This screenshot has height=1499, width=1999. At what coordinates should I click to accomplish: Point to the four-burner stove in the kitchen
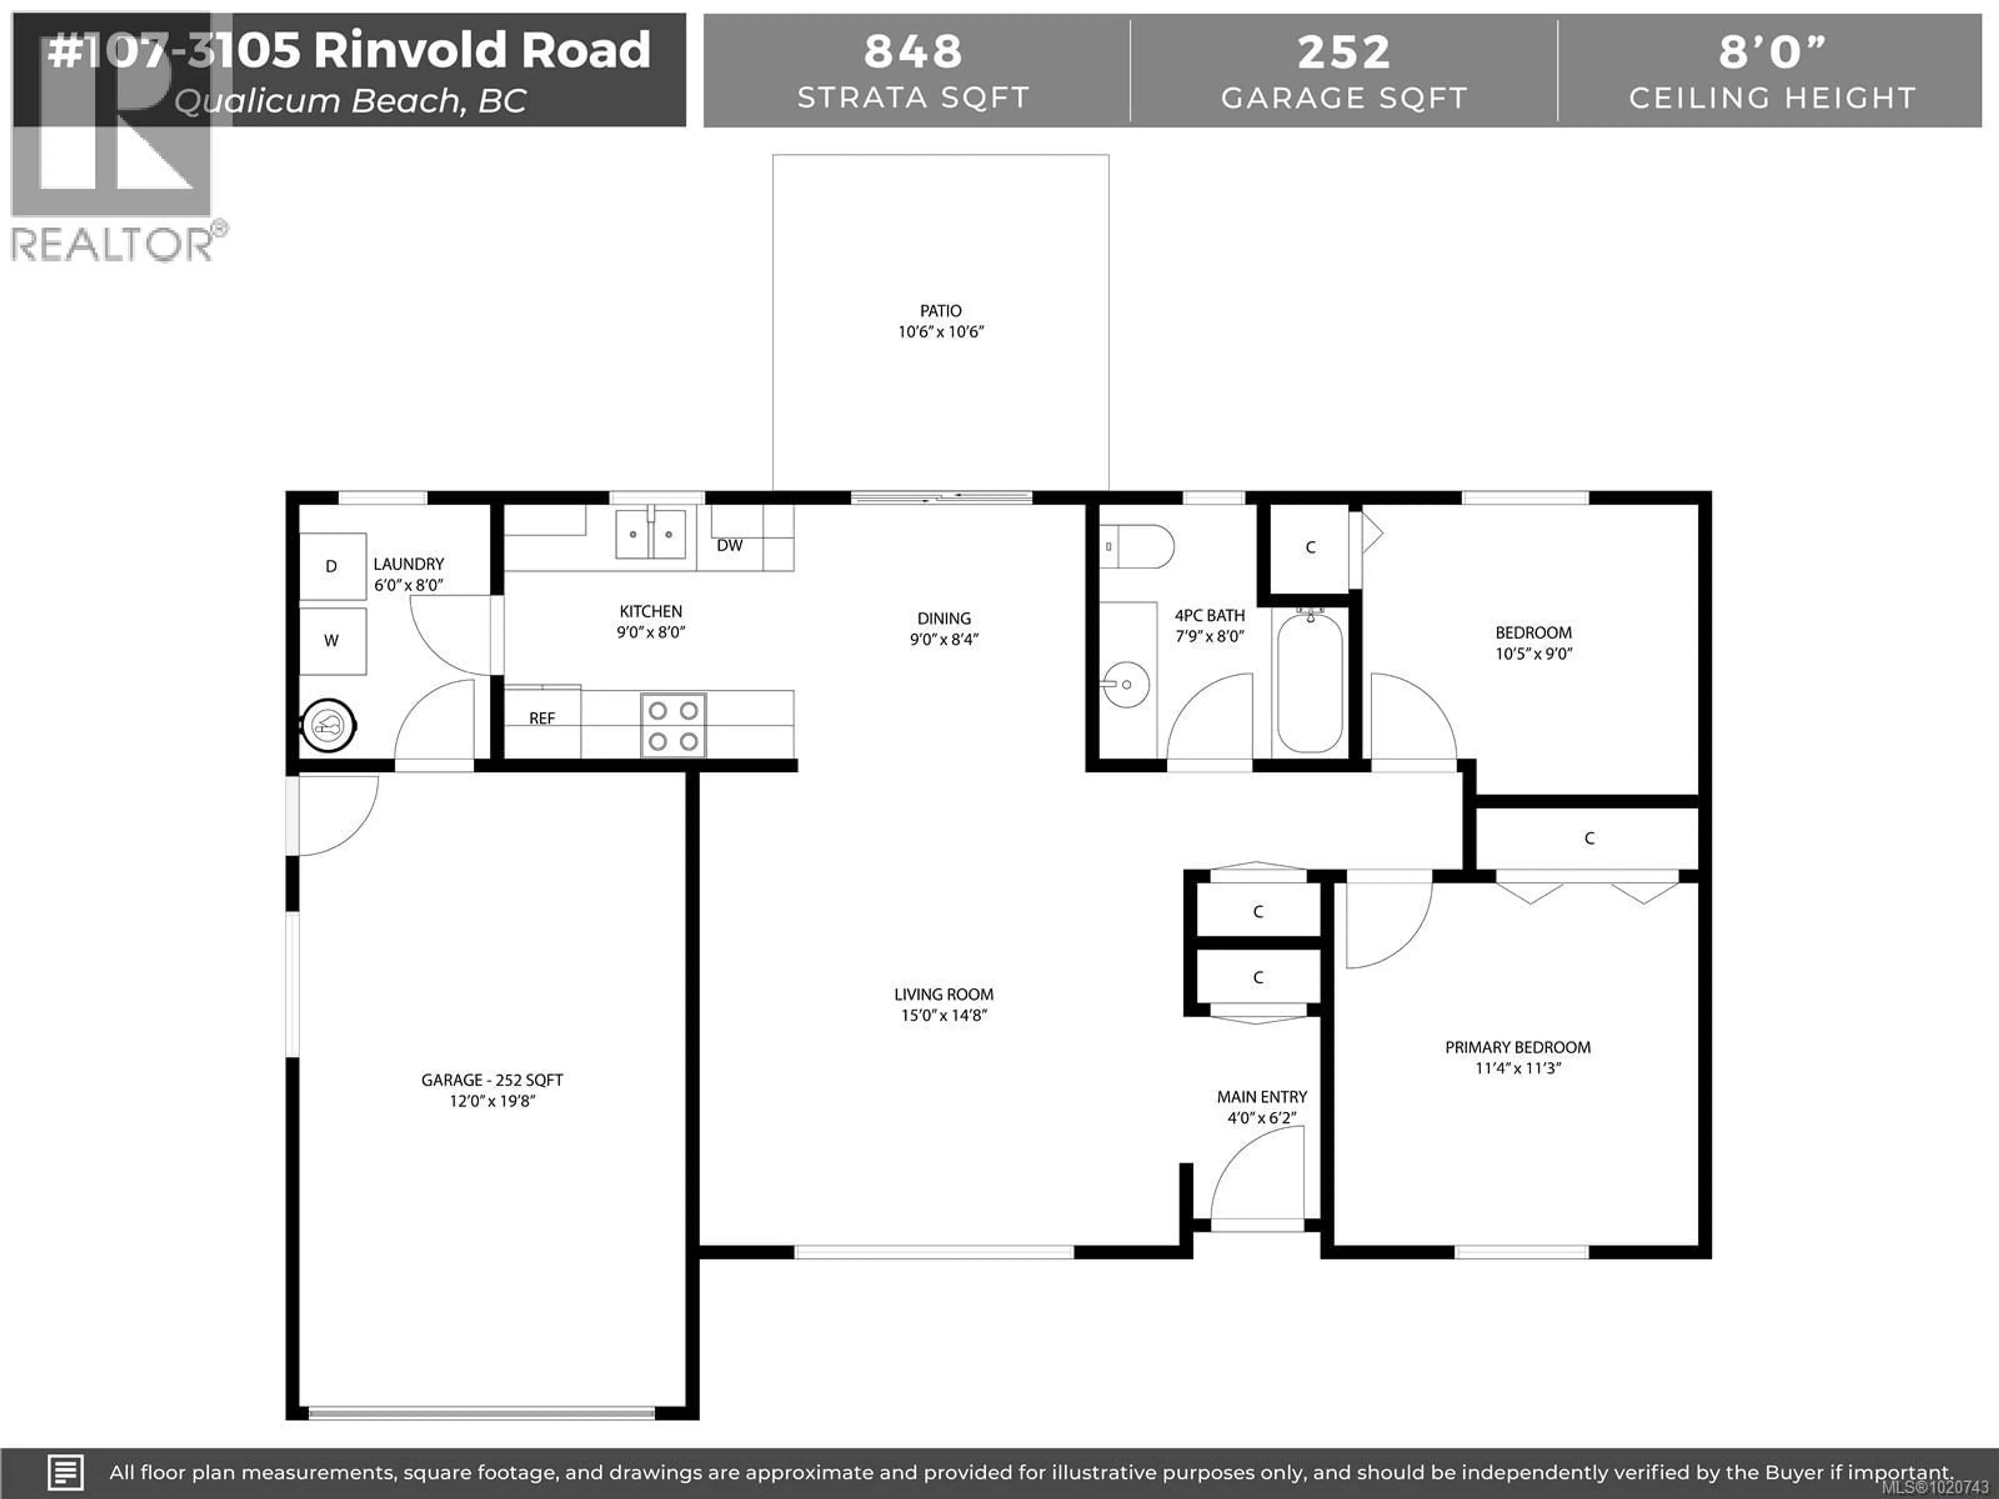point(673,725)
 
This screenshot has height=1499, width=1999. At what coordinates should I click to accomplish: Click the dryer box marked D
point(332,566)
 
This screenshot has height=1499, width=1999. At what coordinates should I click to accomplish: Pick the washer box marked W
point(332,641)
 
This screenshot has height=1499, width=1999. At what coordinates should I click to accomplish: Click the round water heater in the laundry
point(327,725)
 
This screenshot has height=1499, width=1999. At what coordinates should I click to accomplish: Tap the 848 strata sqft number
point(913,52)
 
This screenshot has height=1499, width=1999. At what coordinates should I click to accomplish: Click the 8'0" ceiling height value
point(1772,52)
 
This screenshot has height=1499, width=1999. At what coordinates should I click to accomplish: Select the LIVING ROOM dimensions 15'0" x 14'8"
point(943,1015)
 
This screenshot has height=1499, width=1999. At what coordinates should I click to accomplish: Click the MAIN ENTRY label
point(1261,1097)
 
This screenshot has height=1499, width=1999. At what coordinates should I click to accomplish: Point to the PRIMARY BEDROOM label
point(1517,1047)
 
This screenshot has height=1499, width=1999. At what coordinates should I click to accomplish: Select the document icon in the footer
point(65,1472)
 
